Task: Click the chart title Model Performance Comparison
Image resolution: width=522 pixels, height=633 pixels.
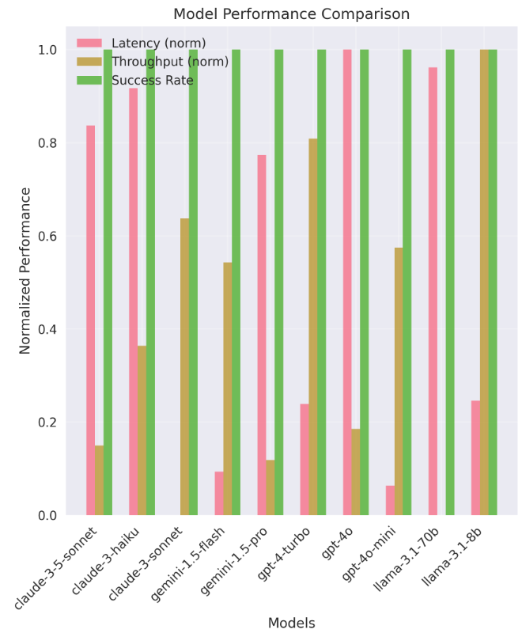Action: pos(292,14)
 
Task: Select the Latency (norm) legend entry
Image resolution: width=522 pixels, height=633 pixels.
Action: pos(159,43)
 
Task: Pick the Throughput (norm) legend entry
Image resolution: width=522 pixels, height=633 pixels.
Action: pos(170,61)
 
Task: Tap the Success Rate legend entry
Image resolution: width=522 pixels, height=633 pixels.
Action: pos(153,80)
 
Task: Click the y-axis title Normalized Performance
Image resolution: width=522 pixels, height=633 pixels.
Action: pos(25,270)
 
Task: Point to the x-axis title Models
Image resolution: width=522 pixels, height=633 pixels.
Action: pos(291,623)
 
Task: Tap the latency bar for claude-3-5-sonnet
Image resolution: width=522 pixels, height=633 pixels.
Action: pos(91,320)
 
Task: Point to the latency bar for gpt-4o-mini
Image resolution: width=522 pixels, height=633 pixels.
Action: pos(390,500)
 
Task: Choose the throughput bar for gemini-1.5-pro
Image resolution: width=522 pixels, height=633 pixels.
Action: pos(270,487)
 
